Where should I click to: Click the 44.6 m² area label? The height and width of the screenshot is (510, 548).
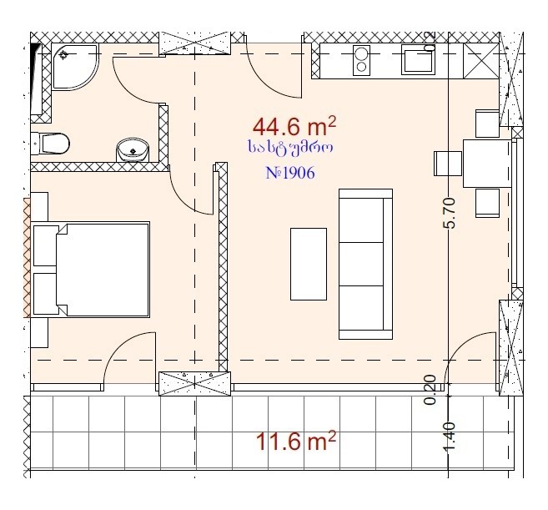(294, 127)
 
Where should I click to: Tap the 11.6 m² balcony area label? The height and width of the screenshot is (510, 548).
(295, 441)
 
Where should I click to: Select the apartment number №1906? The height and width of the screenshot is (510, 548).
(290, 173)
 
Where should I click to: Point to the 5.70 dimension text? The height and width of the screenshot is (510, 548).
(450, 213)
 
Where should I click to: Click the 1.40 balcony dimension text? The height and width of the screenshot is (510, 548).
(450, 437)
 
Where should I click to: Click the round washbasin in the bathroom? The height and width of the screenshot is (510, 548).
(133, 150)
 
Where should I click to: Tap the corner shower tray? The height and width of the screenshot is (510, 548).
(75, 67)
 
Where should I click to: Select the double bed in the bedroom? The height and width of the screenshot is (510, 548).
(91, 270)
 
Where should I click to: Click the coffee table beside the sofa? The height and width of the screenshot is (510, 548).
(309, 264)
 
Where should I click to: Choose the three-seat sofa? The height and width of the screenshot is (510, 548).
(365, 264)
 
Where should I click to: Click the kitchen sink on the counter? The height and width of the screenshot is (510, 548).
(418, 59)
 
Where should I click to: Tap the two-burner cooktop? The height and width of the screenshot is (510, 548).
(361, 60)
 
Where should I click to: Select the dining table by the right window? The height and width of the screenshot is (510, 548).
(487, 164)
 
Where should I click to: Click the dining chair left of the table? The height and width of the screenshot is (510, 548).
(448, 164)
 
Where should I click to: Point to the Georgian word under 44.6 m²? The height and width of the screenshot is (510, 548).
(290, 148)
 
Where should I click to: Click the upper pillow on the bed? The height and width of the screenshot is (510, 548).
(46, 245)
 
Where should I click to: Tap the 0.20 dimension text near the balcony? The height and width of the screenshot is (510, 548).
(430, 390)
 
